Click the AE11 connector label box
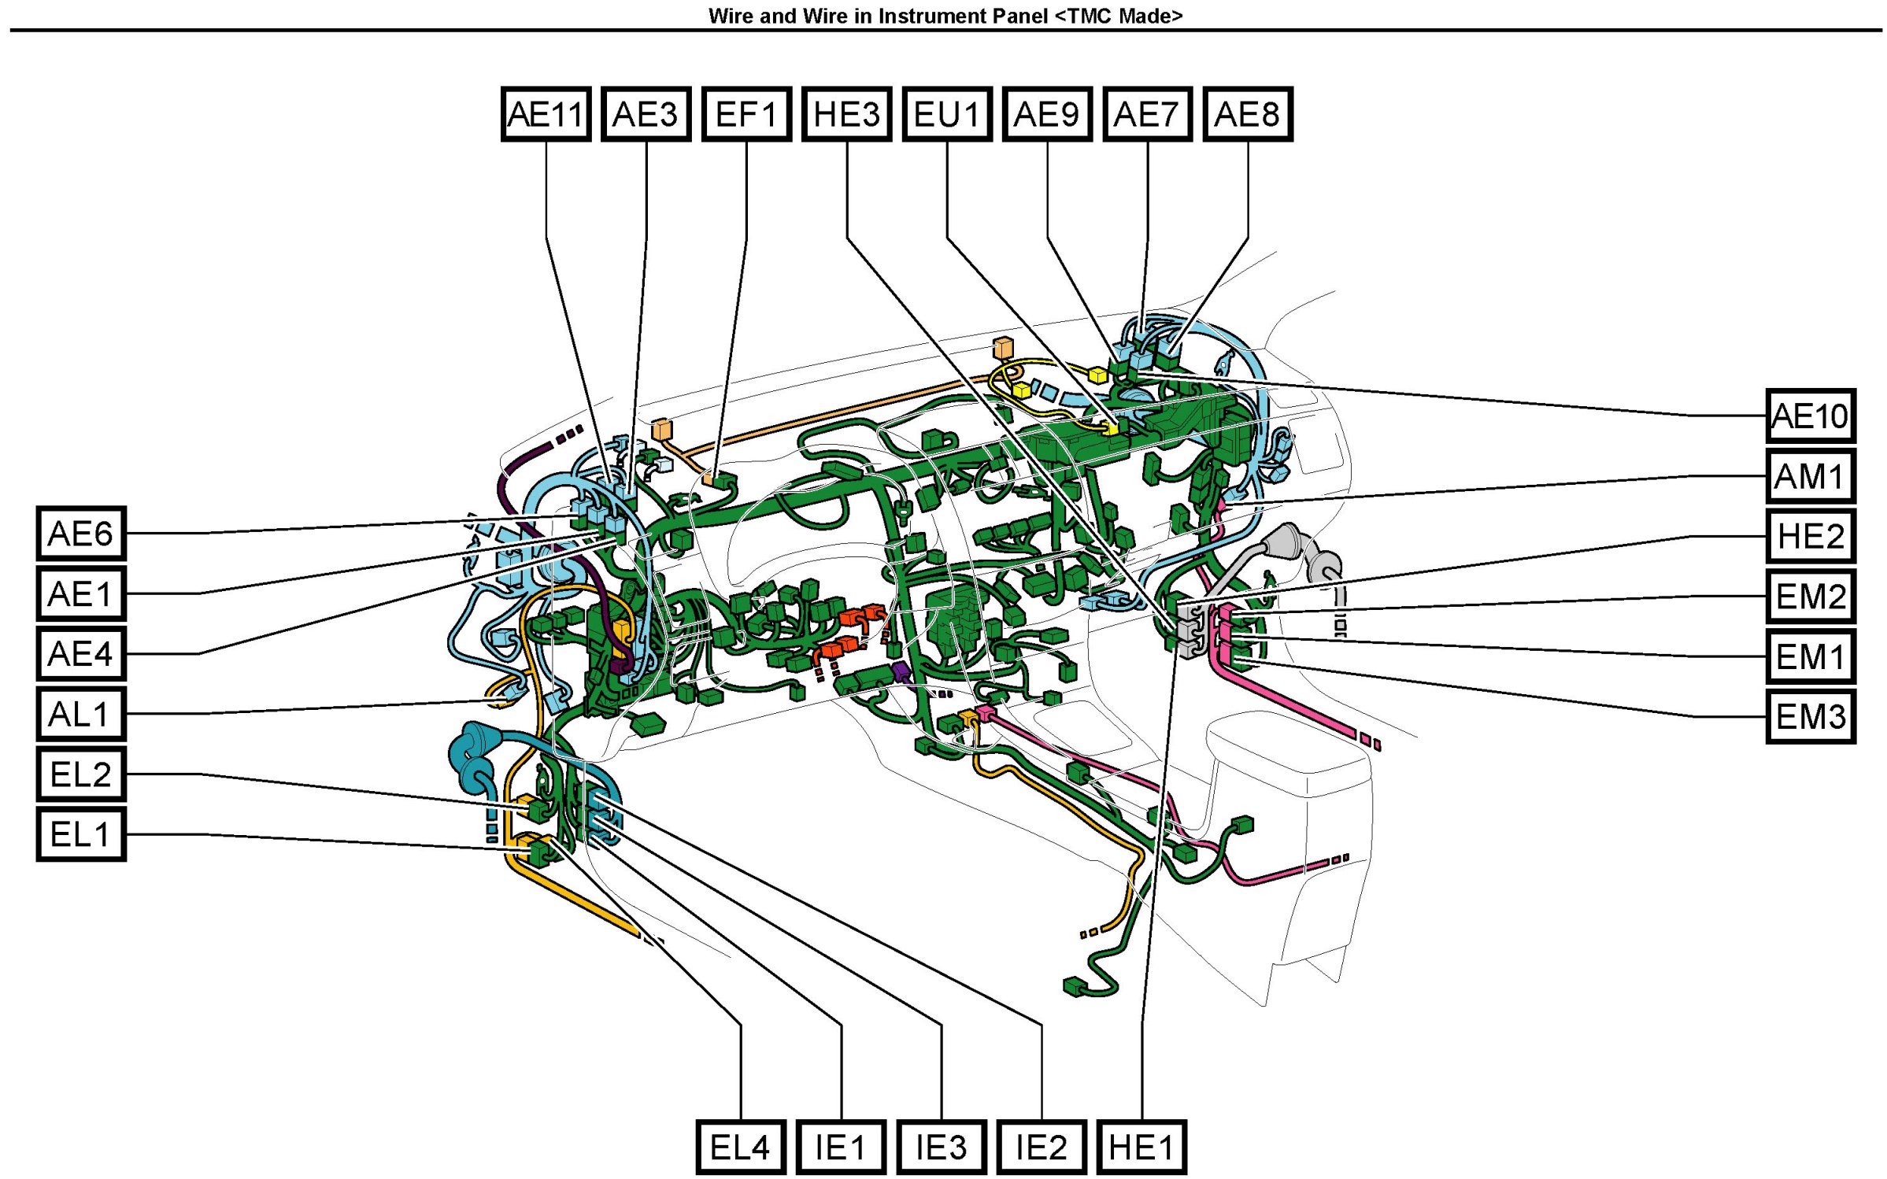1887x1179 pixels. tap(546, 114)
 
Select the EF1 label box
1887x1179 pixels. tap(746, 114)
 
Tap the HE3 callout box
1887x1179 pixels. tap(846, 114)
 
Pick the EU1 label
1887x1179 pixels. tap(946, 114)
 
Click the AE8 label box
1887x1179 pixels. tap(1247, 114)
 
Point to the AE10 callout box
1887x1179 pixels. tap(1810, 416)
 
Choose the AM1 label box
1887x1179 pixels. tap(1810, 476)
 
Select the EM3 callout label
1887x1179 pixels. tap(1810, 716)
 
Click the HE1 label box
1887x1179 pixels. tap(1141, 1147)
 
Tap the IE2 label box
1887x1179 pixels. tap(1041, 1147)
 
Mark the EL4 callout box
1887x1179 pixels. tap(740, 1147)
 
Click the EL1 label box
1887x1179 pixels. tap(81, 833)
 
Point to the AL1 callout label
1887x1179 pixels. tap(81, 714)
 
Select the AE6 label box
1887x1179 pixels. tap(81, 534)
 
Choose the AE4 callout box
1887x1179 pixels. tap(81, 653)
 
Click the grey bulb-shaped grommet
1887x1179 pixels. tap(1285, 541)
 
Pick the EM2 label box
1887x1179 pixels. tap(1810, 597)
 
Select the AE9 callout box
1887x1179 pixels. tap(1046, 114)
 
